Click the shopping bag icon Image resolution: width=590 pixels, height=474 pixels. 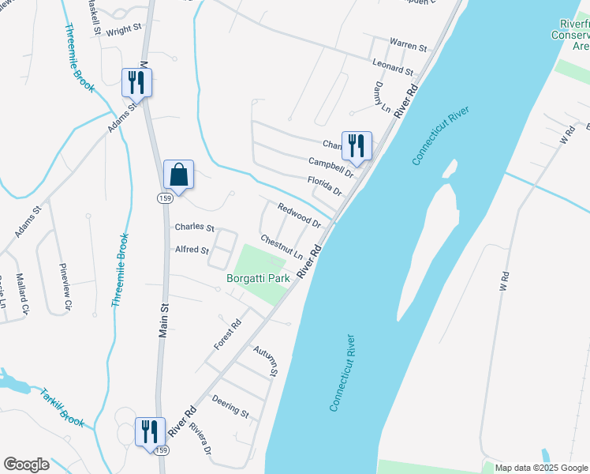[179, 175]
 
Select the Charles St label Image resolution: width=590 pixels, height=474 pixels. [195, 228]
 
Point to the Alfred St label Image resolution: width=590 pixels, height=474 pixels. [192, 250]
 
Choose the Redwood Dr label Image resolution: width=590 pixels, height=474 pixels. [299, 214]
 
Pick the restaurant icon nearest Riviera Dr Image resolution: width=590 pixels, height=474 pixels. [150, 432]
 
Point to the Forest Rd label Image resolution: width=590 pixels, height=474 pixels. [227, 335]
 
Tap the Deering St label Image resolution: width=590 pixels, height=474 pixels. [230, 407]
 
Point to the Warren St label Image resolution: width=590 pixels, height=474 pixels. [408, 43]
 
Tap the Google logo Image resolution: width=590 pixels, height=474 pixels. [26, 465]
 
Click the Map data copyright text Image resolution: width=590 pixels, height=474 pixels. [542, 468]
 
